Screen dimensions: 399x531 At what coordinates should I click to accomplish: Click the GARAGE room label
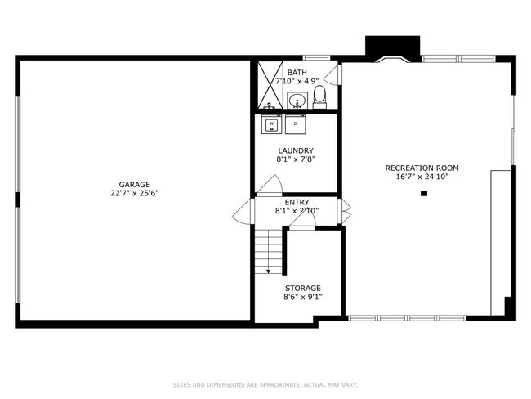tap(134, 184)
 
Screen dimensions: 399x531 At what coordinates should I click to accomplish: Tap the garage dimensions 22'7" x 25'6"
tap(134, 194)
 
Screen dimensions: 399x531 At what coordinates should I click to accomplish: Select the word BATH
tap(297, 73)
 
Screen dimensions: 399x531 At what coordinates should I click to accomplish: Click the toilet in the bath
tap(319, 97)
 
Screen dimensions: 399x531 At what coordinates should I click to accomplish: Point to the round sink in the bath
tap(297, 100)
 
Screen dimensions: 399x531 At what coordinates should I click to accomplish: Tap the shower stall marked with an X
tap(268, 85)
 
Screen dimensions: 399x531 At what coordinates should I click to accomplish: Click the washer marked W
tap(271, 123)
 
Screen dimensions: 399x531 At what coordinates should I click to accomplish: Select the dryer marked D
tap(295, 123)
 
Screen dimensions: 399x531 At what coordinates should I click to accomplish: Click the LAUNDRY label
tap(295, 150)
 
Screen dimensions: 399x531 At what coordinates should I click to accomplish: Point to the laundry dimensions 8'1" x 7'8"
tap(295, 159)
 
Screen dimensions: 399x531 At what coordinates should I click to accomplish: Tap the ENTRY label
tap(296, 202)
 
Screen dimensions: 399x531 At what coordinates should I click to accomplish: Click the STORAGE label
tap(302, 288)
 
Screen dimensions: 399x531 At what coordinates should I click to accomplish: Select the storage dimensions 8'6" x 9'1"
tap(302, 297)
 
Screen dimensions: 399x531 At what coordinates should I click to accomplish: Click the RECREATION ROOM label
tap(417, 168)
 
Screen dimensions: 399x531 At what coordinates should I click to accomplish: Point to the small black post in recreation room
tap(424, 194)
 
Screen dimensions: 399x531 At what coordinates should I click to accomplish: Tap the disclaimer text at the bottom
tap(265, 383)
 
